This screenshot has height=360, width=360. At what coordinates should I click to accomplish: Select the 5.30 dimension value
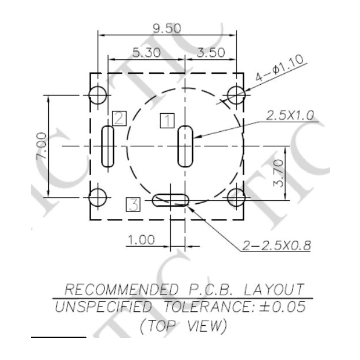pos(143,52)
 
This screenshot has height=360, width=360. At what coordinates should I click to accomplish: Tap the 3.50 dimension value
pos(211,52)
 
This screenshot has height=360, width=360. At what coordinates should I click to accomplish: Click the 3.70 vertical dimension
pos(279,173)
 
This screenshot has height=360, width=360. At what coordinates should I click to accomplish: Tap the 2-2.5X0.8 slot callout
pos(276,246)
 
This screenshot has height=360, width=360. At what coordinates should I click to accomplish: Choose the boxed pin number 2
pos(119,118)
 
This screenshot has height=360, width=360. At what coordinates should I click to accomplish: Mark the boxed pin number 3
pos(134,204)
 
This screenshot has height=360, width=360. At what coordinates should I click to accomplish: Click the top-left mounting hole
pos(98,94)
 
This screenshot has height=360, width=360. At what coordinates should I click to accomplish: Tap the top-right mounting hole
pos(236,94)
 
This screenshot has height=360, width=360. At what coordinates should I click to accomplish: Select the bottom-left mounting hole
pos(98,197)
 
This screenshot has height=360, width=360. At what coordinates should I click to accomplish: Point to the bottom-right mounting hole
pos(236,197)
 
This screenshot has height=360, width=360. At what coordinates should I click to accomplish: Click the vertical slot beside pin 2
pos(107,146)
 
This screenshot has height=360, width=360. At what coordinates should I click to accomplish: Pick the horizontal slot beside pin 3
pos(170,200)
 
